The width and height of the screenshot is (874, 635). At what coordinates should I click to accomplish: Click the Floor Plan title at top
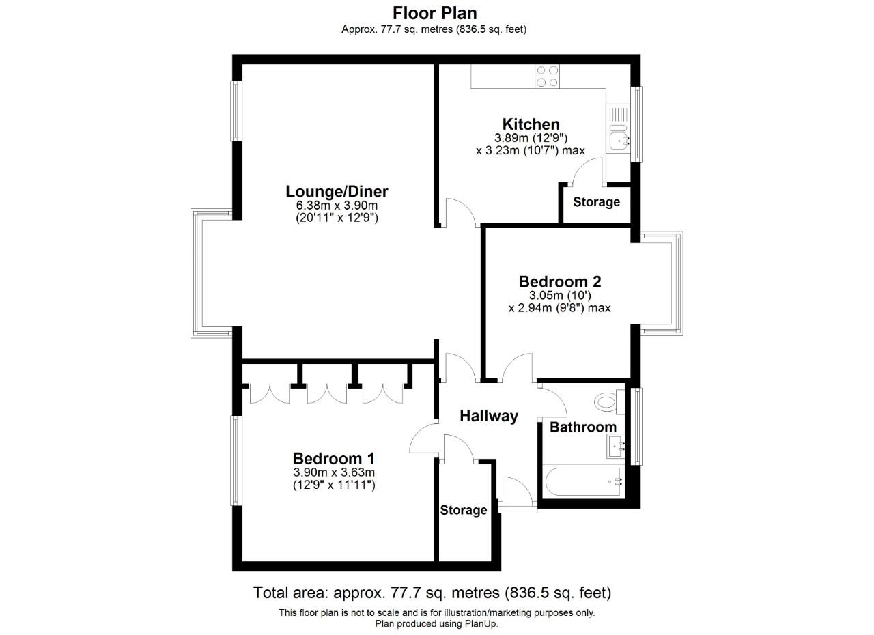tap(434, 12)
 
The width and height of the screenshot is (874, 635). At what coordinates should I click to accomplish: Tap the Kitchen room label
tap(531, 124)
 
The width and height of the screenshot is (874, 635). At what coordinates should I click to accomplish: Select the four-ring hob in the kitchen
tap(548, 76)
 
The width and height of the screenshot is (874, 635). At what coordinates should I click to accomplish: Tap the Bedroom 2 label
tap(559, 281)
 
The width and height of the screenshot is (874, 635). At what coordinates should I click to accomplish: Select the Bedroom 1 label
tap(334, 458)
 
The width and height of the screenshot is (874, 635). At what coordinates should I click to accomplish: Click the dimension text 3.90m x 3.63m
tap(334, 472)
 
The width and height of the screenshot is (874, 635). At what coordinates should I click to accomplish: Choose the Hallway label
tap(488, 416)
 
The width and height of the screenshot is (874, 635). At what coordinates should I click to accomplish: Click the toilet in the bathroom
tap(606, 401)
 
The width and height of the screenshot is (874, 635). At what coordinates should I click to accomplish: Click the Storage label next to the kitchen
tap(596, 202)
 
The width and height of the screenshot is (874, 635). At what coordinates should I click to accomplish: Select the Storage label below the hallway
tap(464, 510)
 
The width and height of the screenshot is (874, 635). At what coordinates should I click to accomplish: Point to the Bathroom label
tap(582, 427)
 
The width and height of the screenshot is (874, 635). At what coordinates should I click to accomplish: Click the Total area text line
tap(432, 592)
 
